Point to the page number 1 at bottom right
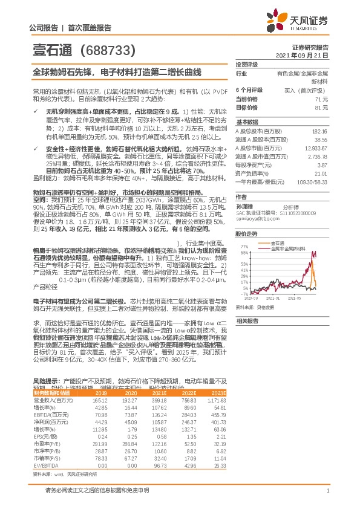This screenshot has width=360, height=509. coord(327,490)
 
